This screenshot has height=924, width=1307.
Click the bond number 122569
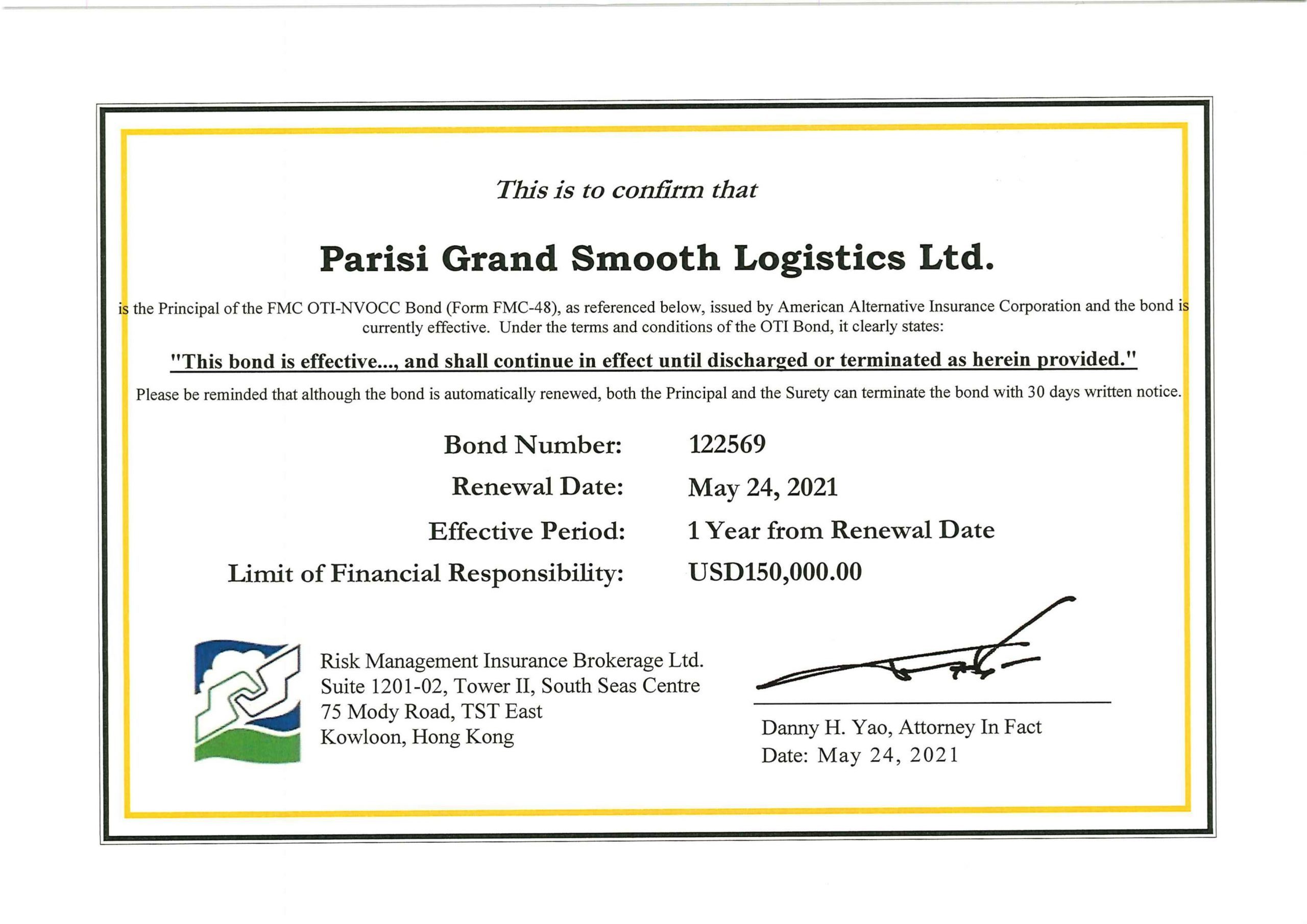point(727,444)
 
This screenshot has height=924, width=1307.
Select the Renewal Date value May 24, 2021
point(763,488)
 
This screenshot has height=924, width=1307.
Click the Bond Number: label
point(533,445)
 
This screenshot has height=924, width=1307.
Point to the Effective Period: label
point(526,531)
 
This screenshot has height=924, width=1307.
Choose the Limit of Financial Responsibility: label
point(425,573)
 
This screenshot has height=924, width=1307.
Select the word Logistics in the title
point(818,258)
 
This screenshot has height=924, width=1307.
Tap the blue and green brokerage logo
point(247,702)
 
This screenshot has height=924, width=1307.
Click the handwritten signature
point(911,661)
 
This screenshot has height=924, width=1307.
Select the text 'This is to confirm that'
point(626,189)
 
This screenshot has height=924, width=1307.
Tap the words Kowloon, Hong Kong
point(417,737)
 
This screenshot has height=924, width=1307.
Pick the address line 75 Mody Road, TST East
point(431,712)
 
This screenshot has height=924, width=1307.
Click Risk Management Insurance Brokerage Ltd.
point(512,661)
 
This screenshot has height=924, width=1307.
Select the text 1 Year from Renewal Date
point(841,530)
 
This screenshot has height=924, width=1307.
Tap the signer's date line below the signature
point(860,755)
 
